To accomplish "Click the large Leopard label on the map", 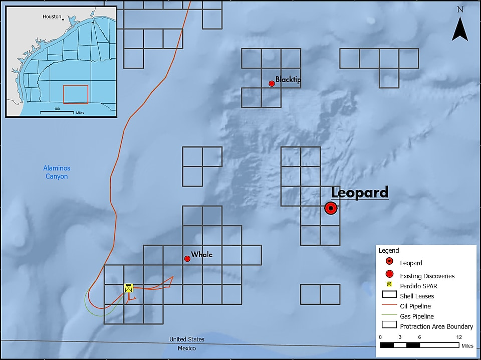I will coord(360,193).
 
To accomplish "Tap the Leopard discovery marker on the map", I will coord(330,209).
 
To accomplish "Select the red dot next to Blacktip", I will coord(272,83).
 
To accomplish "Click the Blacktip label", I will coord(288,80).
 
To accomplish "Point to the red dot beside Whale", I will coord(187,259).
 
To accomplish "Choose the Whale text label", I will coord(201,255).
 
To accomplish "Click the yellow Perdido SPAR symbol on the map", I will coord(129,288).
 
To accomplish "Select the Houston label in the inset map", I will coord(52,17).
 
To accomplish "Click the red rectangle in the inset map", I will coord(76,95).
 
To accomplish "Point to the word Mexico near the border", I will coord(187,348).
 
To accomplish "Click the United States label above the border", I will coord(187,340).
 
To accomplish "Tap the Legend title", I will coord(389,251).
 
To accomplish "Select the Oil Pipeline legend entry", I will coord(415,306).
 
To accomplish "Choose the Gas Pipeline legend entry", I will coord(417,316).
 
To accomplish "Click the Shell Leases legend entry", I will coord(417,296).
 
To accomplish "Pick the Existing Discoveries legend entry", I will coord(427,276).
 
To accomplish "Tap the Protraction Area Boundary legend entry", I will coord(436,326).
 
